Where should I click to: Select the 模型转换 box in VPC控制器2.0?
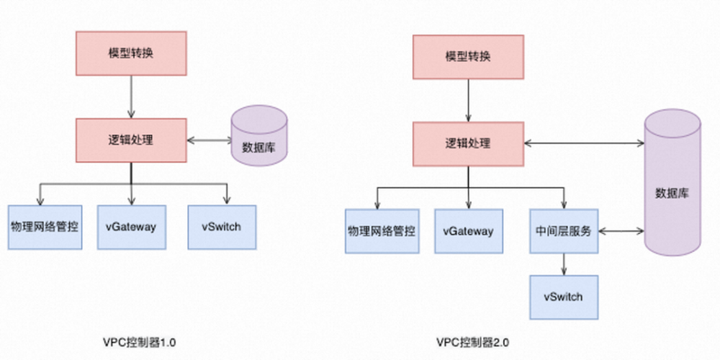point(467,57)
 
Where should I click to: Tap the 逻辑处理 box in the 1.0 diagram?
point(131,140)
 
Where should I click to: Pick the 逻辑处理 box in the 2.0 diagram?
point(467,143)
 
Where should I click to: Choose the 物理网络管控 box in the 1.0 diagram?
point(44,227)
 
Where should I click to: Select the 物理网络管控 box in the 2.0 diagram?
point(382,231)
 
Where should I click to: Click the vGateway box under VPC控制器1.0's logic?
point(132,227)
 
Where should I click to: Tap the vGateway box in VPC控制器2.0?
point(469,231)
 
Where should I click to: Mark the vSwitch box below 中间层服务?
point(564,296)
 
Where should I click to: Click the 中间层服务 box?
point(564,231)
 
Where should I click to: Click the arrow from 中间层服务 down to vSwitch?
point(564,264)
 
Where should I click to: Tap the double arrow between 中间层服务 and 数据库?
point(621,231)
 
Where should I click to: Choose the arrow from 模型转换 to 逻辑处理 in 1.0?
point(131,95)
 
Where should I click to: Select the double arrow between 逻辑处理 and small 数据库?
point(209,138)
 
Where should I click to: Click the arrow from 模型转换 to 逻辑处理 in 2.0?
point(467,100)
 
